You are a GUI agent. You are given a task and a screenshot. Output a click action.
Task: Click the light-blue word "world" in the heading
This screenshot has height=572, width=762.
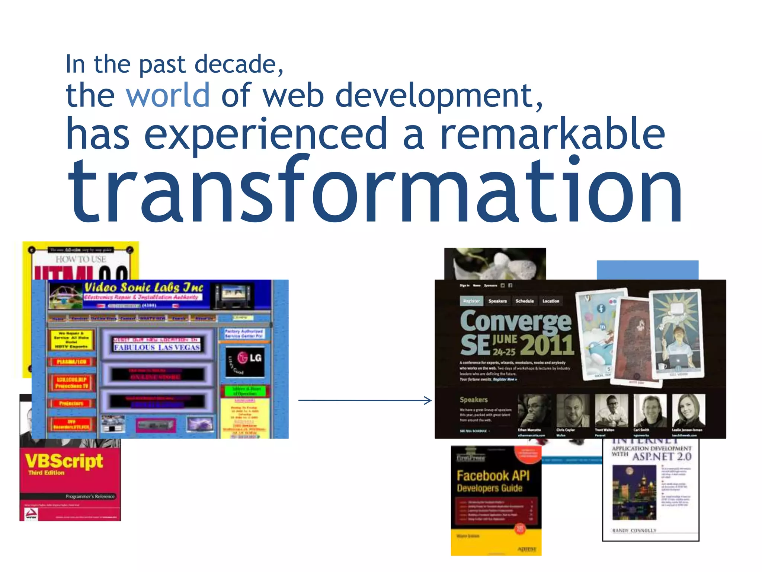point(168,95)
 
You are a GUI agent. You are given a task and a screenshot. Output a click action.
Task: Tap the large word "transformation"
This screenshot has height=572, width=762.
point(375,191)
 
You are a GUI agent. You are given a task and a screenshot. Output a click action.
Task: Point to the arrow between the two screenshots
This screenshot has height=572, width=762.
point(365,400)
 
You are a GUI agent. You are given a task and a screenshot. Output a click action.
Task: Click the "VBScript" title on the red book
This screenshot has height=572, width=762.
point(64,461)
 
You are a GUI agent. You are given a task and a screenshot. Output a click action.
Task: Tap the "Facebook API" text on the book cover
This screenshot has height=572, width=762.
point(493,476)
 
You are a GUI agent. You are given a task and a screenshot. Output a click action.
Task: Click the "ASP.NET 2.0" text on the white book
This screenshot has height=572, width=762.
point(662,457)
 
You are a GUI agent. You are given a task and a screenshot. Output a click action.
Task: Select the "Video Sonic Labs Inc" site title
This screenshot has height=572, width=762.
point(144,287)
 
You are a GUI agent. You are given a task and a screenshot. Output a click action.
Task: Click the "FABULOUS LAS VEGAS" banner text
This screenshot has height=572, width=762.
point(157,347)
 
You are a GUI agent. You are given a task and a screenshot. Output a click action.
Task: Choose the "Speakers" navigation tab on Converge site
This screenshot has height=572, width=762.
point(497,301)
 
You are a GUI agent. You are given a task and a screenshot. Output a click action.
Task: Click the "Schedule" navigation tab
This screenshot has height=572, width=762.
point(525,301)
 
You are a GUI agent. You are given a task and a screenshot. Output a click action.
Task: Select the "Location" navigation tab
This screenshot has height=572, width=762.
point(551,301)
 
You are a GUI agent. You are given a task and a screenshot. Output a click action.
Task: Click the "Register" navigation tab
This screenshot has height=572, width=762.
point(471,301)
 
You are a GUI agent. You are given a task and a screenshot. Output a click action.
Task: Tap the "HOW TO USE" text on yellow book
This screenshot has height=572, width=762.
point(81,259)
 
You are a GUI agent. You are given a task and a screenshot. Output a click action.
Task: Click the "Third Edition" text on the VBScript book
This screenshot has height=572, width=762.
point(47,473)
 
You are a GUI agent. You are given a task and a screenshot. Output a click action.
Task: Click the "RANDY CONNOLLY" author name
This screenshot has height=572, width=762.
point(634,530)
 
